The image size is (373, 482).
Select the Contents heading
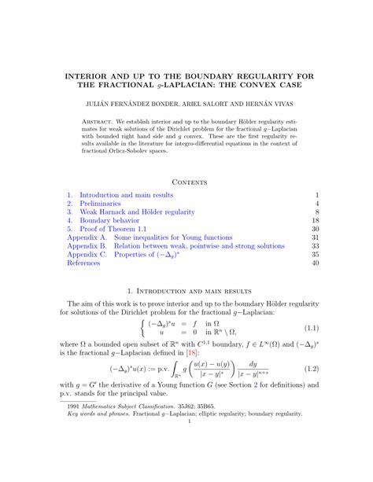[186, 182]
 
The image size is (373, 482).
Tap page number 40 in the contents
[313, 263]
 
